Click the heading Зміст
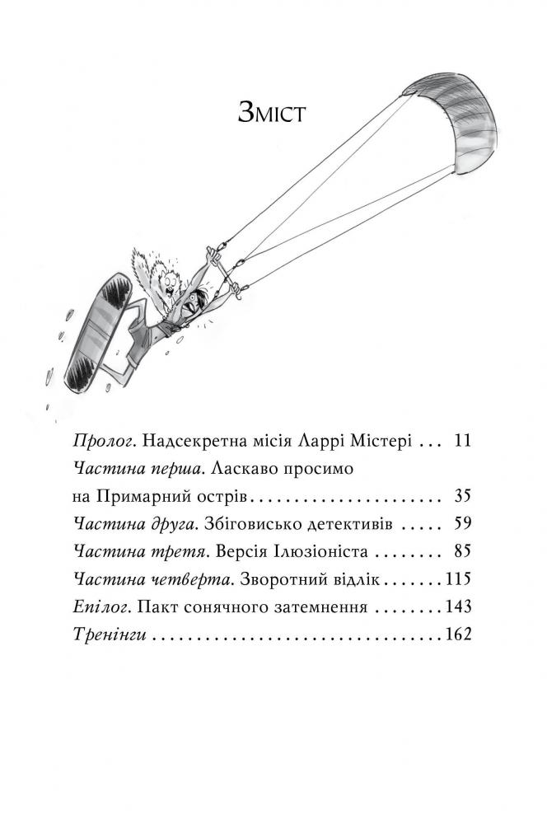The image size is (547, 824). tap(272, 113)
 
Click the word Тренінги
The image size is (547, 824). tap(114, 636)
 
